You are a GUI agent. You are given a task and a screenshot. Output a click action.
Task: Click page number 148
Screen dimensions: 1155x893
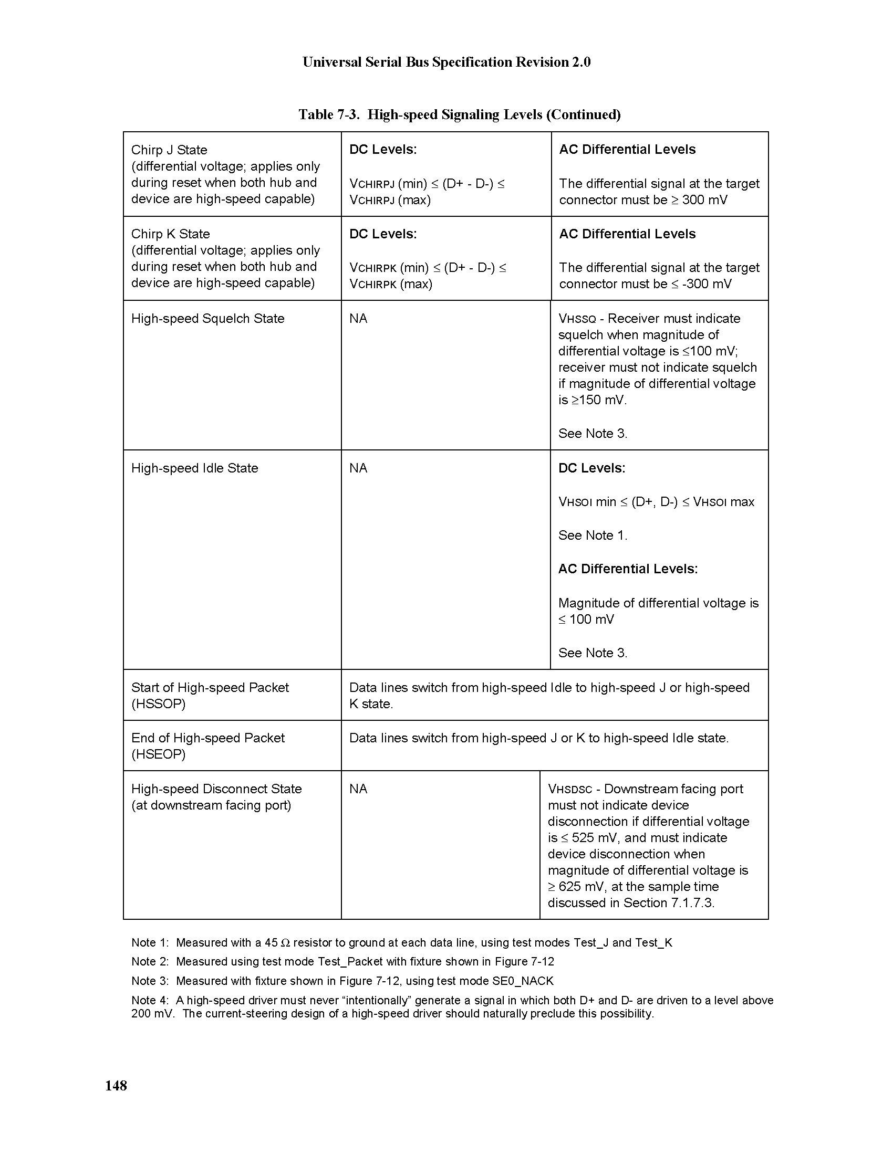(x=116, y=1086)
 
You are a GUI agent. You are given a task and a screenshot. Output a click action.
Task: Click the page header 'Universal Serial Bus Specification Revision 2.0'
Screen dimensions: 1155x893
(x=446, y=62)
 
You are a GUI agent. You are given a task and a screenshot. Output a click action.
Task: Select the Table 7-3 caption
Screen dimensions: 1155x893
(x=459, y=114)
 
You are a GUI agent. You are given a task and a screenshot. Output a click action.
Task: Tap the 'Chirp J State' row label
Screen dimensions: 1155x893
(x=169, y=150)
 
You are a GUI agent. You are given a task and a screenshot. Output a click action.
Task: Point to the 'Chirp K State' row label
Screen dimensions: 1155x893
(x=170, y=234)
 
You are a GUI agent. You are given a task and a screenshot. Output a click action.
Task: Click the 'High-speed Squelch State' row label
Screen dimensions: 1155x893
(x=207, y=319)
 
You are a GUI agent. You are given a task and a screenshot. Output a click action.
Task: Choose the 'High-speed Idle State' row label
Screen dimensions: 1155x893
(x=194, y=468)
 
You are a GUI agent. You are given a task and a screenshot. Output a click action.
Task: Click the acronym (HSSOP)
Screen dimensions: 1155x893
(x=158, y=704)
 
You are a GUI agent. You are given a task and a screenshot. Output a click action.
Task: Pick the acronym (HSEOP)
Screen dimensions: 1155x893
(x=158, y=754)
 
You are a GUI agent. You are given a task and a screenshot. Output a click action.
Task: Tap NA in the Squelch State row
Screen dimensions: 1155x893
(x=358, y=319)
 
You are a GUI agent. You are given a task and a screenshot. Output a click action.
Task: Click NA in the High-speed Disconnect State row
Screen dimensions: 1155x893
(x=358, y=789)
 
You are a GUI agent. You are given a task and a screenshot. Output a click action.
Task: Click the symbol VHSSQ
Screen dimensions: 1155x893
(x=577, y=319)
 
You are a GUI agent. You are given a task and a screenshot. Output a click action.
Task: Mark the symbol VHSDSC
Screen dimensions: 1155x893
(x=569, y=790)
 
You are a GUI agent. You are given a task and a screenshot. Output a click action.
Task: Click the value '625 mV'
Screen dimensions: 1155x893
(x=583, y=887)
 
